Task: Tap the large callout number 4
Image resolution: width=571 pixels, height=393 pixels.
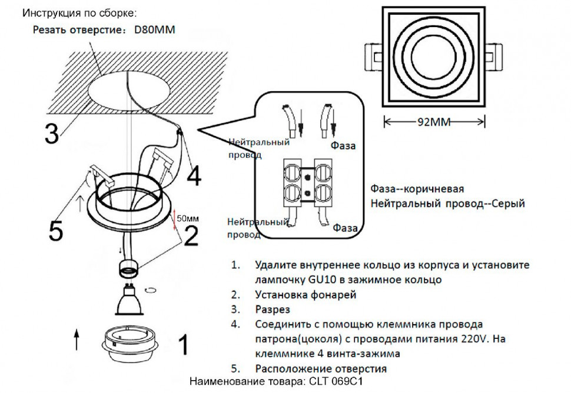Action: pos(194,174)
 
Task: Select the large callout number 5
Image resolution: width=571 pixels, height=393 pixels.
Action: pos(55,231)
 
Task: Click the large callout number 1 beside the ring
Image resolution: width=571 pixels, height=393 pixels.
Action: pos(183,345)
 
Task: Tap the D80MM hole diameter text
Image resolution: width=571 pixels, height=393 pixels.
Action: pos(155,29)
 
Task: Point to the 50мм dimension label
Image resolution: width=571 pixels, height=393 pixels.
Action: pos(188,218)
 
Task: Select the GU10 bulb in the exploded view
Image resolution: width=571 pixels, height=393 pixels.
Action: pos(128,300)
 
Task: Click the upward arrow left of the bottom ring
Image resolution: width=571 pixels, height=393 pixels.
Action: pos(77,340)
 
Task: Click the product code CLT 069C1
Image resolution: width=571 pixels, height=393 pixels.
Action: pos(333,382)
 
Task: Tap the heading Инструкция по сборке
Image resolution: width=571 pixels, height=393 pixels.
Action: pos(81,12)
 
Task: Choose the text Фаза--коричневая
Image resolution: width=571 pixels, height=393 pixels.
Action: pos(417,189)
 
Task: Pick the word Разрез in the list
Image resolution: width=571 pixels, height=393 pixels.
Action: pos(273,309)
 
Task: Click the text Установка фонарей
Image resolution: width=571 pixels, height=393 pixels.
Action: pos(306,295)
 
